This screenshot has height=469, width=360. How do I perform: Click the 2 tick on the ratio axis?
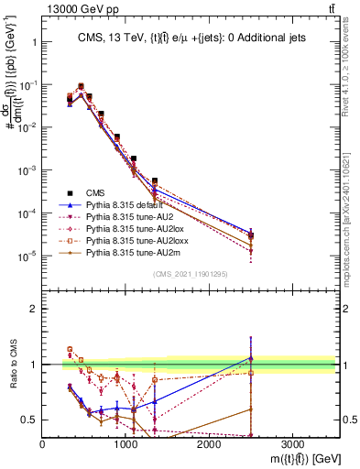pyautogui.click(x=33, y=309)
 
